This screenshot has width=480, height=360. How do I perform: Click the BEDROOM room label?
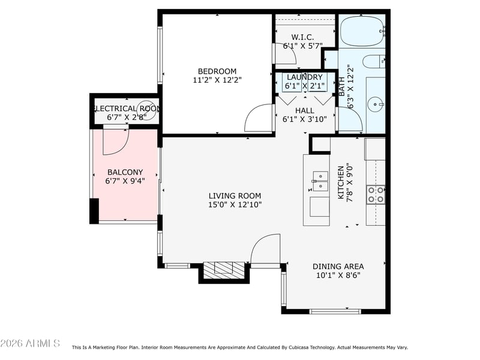(217, 71)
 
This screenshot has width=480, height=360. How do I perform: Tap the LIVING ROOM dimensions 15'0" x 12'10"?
(235, 205)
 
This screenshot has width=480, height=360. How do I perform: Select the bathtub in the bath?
(361, 31)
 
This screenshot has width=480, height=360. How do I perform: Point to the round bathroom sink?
(377, 104)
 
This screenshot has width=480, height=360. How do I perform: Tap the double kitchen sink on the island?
(320, 181)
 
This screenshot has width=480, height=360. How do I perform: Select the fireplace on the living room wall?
(224, 271)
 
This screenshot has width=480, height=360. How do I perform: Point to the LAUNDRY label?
(304, 77)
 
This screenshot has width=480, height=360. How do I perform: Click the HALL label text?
(304, 110)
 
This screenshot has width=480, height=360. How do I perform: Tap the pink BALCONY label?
(125, 172)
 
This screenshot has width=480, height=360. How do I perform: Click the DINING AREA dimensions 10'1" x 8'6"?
(338, 276)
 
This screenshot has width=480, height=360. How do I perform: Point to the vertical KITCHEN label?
(341, 183)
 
